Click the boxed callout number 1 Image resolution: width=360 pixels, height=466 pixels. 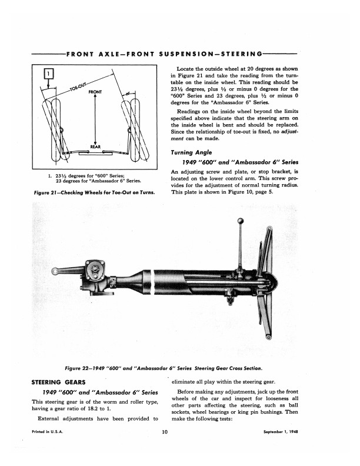coord(49,74)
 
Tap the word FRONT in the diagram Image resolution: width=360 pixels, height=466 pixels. coord(95,92)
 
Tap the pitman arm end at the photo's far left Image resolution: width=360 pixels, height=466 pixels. coord(56,272)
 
